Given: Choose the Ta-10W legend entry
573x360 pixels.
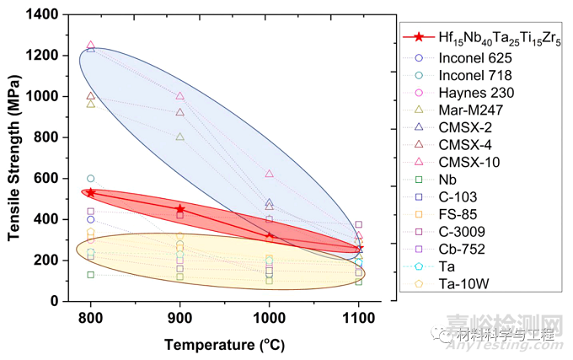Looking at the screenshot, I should tap(459, 282).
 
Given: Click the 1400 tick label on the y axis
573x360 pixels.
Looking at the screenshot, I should tap(44, 14).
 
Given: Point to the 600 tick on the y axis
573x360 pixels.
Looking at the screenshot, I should tap(48, 179).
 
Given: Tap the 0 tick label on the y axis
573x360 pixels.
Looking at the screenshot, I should tap(55, 301).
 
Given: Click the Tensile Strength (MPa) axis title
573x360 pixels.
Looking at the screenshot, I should tap(14, 158).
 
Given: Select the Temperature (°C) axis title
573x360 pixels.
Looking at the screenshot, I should tap(224, 345).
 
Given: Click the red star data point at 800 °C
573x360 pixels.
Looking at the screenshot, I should tap(90, 193).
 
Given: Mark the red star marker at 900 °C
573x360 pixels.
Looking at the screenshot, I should tap(179, 209).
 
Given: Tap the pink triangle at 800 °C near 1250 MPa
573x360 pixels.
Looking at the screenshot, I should tap(90, 46).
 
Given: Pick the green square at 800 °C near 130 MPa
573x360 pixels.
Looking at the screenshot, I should tap(90, 275).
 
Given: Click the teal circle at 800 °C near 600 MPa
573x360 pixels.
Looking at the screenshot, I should tap(90, 179).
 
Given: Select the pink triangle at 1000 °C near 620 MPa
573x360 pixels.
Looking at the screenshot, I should tap(270, 174).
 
